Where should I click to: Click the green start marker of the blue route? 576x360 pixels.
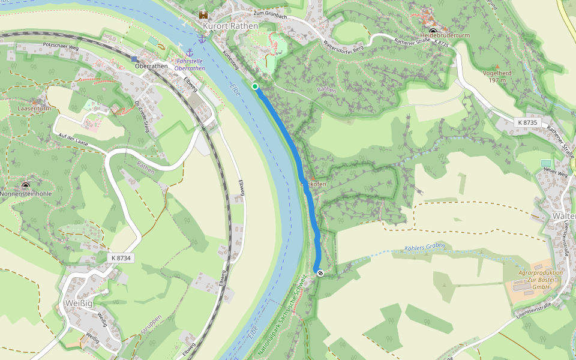click(x=255, y=86)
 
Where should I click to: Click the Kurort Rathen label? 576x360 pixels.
click(x=230, y=26)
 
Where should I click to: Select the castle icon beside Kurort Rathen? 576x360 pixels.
click(x=204, y=14)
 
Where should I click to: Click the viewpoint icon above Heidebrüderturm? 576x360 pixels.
click(x=433, y=31)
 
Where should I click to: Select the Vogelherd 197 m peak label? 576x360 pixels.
click(x=497, y=76)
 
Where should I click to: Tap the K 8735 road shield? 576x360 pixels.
click(x=528, y=122)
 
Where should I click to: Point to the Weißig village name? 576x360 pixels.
click(x=80, y=302)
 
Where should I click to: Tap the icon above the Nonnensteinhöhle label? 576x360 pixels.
click(x=25, y=186)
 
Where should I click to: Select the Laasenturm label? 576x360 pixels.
click(x=33, y=109)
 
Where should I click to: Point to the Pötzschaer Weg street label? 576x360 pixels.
click(x=62, y=46)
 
